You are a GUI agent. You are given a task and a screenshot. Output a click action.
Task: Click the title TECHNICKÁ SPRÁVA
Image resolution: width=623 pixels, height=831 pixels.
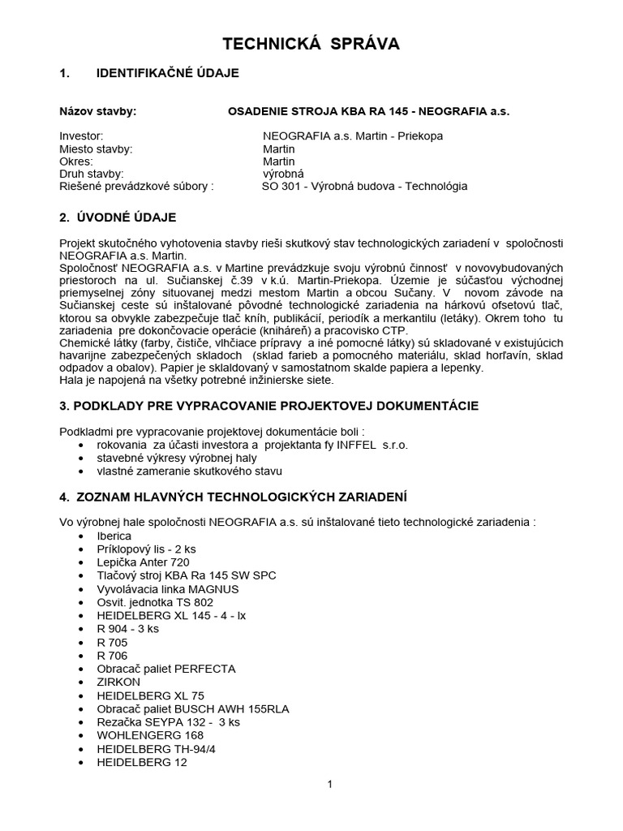(x=311, y=44)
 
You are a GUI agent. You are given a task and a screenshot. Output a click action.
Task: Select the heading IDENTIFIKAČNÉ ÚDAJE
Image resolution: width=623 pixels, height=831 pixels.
(x=167, y=73)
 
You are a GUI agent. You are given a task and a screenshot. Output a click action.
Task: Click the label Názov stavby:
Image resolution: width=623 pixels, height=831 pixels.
(x=98, y=110)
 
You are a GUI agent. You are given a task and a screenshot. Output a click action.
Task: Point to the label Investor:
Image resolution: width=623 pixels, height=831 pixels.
(x=82, y=136)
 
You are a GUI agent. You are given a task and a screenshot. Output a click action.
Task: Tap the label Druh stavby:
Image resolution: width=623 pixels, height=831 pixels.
(x=92, y=174)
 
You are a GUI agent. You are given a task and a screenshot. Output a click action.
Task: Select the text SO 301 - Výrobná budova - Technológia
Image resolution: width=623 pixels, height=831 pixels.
(x=364, y=186)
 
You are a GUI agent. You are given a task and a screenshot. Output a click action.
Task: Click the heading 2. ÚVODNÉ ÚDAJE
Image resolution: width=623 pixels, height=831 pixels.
(x=118, y=217)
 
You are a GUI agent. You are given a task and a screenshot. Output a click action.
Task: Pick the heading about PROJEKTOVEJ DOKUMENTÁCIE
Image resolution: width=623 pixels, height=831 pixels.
(x=269, y=405)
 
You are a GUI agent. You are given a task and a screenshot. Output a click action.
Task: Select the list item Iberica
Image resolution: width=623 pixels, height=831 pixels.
(x=114, y=536)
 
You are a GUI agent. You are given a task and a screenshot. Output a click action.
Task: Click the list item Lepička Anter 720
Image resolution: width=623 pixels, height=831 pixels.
(x=143, y=562)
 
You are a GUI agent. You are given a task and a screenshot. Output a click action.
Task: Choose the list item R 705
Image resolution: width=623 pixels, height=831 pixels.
(x=112, y=642)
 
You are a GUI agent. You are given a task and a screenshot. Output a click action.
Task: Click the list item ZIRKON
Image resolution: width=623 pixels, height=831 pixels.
(x=118, y=682)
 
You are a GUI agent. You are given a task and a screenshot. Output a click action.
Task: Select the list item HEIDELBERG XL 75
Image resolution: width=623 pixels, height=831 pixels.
(x=150, y=695)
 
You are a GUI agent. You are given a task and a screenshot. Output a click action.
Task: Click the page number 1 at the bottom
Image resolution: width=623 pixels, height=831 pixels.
(x=330, y=784)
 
